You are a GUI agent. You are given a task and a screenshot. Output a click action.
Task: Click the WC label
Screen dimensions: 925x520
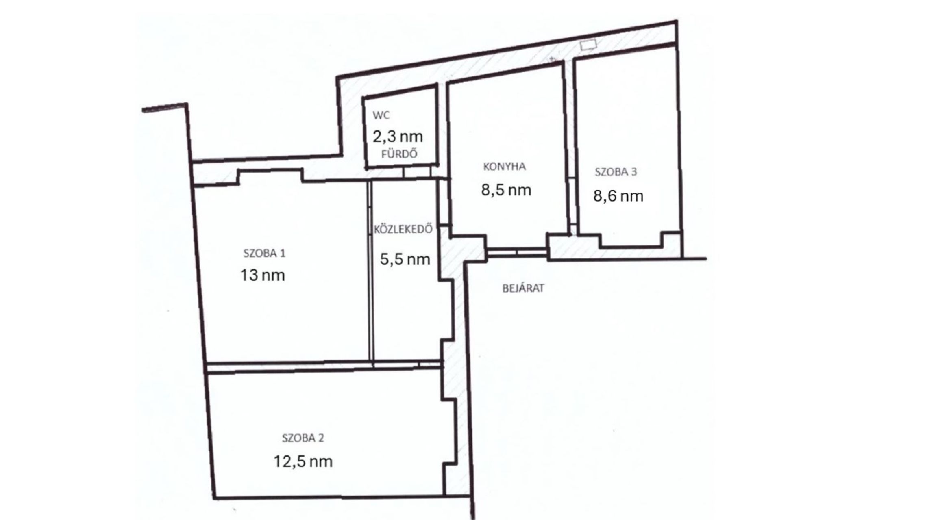pyautogui.click(x=381, y=115)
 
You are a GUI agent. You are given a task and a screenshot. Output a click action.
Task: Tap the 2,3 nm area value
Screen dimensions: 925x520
pyautogui.click(x=398, y=136)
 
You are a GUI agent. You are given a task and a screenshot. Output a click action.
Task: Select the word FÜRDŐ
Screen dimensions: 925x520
pyautogui.click(x=399, y=154)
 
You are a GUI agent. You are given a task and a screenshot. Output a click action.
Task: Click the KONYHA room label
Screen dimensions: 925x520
pyautogui.click(x=504, y=167)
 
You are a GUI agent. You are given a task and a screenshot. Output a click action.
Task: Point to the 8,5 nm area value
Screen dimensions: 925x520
pyautogui.click(x=506, y=190)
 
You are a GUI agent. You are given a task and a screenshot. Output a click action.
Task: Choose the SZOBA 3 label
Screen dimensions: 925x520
pyautogui.click(x=616, y=172)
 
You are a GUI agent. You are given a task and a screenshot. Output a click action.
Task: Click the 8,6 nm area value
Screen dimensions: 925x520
pyautogui.click(x=618, y=196)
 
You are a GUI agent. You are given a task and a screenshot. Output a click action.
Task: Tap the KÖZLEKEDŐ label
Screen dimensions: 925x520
pyautogui.click(x=403, y=229)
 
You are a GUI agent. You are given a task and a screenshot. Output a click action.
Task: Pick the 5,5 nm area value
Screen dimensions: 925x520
pyautogui.click(x=405, y=259)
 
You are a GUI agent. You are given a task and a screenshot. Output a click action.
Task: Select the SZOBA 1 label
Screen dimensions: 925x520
pyautogui.click(x=264, y=253)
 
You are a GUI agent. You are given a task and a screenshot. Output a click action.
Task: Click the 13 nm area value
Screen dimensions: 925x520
pyautogui.click(x=263, y=275)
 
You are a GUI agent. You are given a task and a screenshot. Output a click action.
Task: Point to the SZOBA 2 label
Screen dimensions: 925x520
pyautogui.click(x=303, y=438)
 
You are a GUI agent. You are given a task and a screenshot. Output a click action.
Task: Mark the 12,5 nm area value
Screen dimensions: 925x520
pyautogui.click(x=303, y=461)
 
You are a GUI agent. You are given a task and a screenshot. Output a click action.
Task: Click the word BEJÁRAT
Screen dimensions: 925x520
pyautogui.click(x=523, y=288)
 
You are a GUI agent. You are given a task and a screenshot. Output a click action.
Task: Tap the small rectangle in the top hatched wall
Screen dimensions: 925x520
pyautogui.click(x=588, y=45)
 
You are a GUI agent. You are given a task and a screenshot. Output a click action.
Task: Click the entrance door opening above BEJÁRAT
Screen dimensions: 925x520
pyautogui.click(x=517, y=252)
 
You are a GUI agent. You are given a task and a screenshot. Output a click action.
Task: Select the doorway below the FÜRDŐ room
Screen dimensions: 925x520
pyautogui.click(x=417, y=173)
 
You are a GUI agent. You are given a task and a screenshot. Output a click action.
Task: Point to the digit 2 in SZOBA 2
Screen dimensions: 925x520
pyautogui.click(x=321, y=438)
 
